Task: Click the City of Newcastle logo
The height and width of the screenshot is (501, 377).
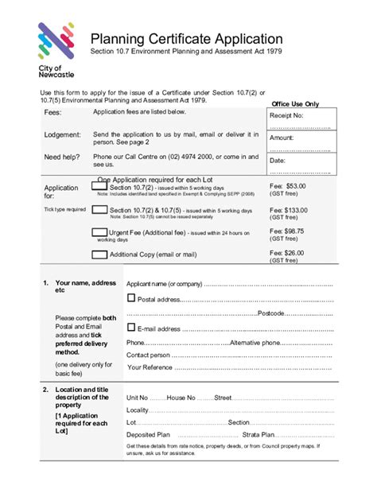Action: [x=57, y=48]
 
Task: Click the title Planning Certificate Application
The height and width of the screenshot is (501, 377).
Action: [x=186, y=39]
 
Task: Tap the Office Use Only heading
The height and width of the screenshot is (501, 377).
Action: [x=295, y=104]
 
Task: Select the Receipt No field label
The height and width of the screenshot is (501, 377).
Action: [x=287, y=116]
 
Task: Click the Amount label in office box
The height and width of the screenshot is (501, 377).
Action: [x=282, y=138]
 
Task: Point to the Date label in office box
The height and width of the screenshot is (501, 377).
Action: [x=278, y=160]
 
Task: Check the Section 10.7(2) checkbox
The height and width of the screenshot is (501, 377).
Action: [x=99, y=184]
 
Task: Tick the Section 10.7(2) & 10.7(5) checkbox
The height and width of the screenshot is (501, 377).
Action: [x=99, y=210]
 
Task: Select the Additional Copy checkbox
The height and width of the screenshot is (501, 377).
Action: [x=99, y=254]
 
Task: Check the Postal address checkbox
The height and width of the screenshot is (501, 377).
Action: [x=131, y=299]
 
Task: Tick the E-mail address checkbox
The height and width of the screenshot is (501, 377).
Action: [x=131, y=328]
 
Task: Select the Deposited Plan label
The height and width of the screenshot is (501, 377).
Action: [x=148, y=435]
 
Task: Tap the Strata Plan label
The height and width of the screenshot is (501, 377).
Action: [x=258, y=435]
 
